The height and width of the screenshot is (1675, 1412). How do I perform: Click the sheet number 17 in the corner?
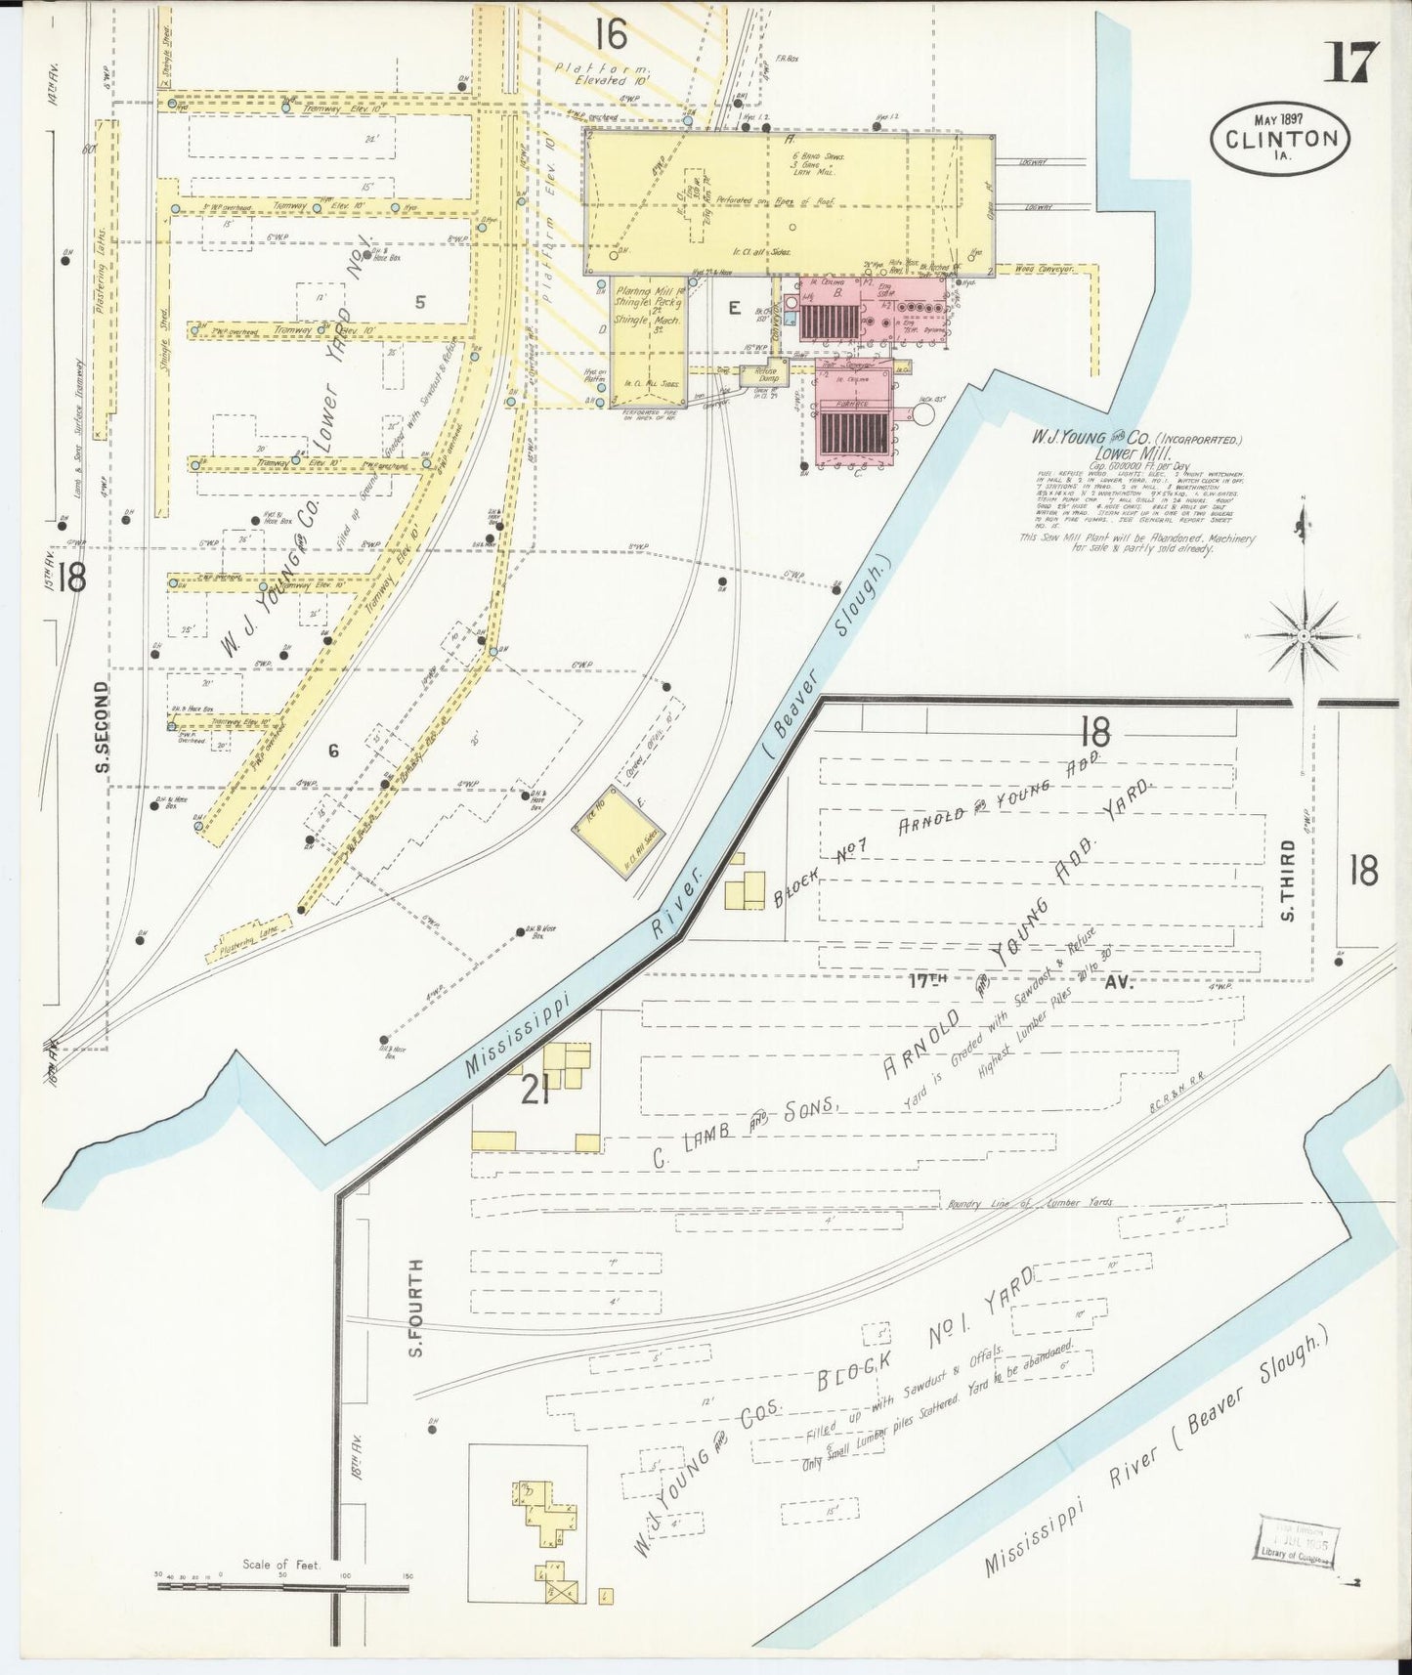pos(1351,64)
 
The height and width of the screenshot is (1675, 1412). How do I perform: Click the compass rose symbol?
pos(1304,636)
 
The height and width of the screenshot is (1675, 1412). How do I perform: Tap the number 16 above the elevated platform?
pos(609,35)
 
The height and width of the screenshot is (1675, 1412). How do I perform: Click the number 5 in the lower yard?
pos(419,302)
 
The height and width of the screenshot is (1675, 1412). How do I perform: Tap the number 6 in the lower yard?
pos(333,751)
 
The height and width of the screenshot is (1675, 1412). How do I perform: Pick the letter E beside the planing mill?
pos(732,308)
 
